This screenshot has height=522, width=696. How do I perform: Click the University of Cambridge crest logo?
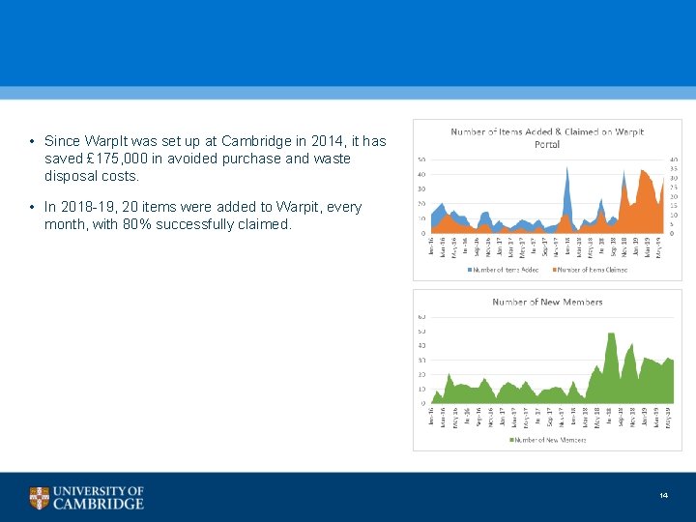click(x=39, y=498)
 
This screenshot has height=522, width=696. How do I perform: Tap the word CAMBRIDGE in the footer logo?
click(x=99, y=504)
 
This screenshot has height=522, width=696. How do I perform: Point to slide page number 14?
click(x=663, y=496)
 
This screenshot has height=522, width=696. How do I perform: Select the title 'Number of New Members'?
click(x=547, y=302)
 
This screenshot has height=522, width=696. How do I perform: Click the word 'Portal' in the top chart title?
click(x=547, y=144)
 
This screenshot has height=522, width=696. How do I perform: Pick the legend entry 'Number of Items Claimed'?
click(x=590, y=270)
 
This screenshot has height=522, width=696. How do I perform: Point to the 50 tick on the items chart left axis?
click(x=421, y=159)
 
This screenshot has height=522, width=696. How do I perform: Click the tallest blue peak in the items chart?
click(x=566, y=169)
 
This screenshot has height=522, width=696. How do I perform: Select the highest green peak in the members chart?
click(x=610, y=334)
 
